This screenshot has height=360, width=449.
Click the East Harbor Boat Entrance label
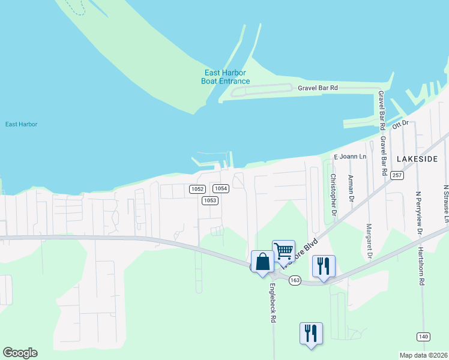click(225, 77)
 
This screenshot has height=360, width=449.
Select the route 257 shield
click(396, 175)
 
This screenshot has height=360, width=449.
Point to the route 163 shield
click(294, 281)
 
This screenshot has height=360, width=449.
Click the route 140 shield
click(424, 337)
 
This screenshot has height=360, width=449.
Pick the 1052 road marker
click(197, 189)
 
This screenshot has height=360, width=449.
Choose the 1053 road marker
click(209, 200)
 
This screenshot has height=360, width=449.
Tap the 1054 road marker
click(221, 188)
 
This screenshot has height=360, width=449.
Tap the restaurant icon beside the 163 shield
click(324, 266)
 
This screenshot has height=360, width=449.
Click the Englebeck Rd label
click(273, 303)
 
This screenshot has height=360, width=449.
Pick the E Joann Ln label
click(350, 157)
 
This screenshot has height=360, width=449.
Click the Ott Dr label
click(400, 124)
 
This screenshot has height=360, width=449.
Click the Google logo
click(20, 353)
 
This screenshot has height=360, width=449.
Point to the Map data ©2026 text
click(424, 355)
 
